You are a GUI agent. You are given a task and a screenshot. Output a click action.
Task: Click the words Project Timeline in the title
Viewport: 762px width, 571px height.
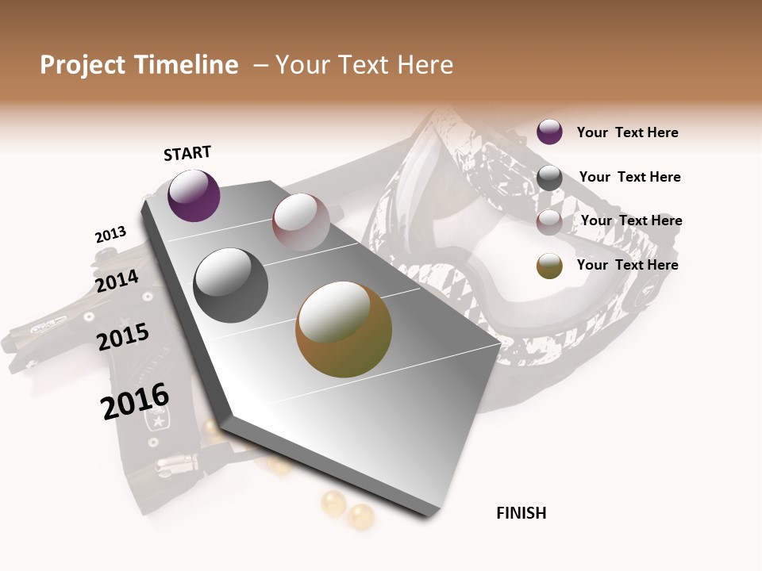point(139,65)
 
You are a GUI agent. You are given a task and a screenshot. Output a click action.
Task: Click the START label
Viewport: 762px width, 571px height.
point(187,153)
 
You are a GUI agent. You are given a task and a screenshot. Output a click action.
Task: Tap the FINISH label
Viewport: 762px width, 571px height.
point(521,513)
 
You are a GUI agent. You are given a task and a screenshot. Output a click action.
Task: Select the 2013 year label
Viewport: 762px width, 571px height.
point(110,235)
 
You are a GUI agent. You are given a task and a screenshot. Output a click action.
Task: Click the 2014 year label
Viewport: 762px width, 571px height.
point(117,281)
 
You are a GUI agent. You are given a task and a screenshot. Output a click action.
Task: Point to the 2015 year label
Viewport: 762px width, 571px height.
point(123,337)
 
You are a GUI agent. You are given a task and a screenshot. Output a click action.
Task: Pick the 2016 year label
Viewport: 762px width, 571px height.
point(135,401)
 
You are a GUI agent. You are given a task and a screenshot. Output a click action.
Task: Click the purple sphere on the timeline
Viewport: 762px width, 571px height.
point(194,196)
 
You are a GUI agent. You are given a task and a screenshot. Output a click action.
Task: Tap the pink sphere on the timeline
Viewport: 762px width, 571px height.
point(301,222)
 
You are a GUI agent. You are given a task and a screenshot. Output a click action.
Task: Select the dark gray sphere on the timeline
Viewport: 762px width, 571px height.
point(230,285)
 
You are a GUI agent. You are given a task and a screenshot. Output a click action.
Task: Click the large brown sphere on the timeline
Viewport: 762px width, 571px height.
point(344,329)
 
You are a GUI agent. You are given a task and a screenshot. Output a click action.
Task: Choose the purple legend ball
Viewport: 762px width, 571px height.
point(549,132)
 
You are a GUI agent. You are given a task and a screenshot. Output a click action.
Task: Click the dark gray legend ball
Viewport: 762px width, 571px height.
point(549,178)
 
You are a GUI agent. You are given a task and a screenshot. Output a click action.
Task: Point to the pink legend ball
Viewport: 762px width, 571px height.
point(549,222)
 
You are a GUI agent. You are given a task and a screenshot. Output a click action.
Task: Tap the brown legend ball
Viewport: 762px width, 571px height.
point(549,266)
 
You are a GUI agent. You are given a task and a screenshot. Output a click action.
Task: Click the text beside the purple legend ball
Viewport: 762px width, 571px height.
point(627,132)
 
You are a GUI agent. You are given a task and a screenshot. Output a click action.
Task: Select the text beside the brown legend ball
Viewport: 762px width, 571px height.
point(627,265)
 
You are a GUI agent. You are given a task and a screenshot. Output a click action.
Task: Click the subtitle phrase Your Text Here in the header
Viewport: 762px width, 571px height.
point(364,65)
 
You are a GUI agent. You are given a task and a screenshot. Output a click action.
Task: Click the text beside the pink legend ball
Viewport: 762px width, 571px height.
point(631,220)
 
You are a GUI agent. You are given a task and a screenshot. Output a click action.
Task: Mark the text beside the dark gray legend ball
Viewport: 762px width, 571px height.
point(629,177)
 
